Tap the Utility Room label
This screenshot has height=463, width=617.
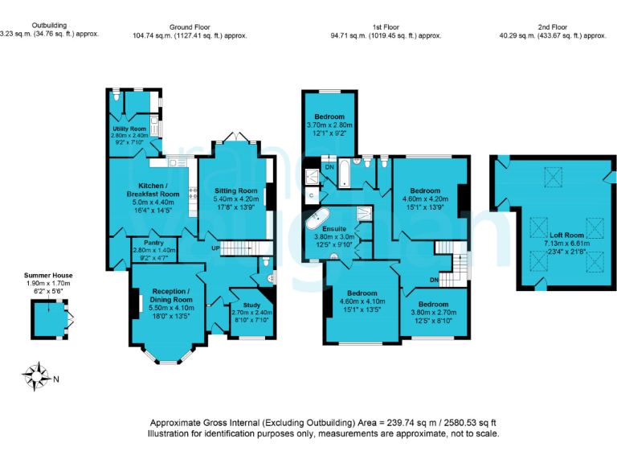click(x=129, y=129)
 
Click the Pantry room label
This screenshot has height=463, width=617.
click(x=154, y=243)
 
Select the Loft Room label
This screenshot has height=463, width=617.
click(x=561, y=235)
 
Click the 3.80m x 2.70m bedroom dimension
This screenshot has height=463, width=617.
click(x=433, y=313)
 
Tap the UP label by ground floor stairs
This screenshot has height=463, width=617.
click(x=215, y=248)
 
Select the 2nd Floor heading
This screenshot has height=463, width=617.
click(x=554, y=26)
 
